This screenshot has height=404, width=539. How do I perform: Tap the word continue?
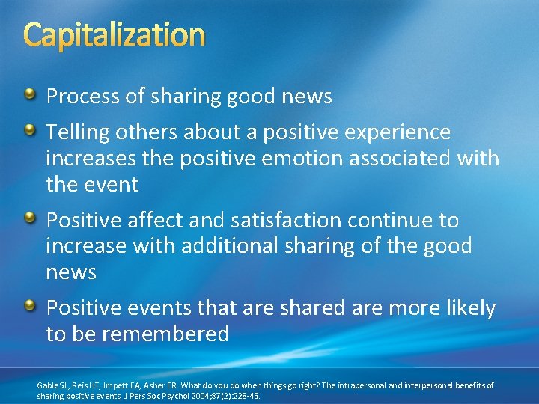point(398,221)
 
